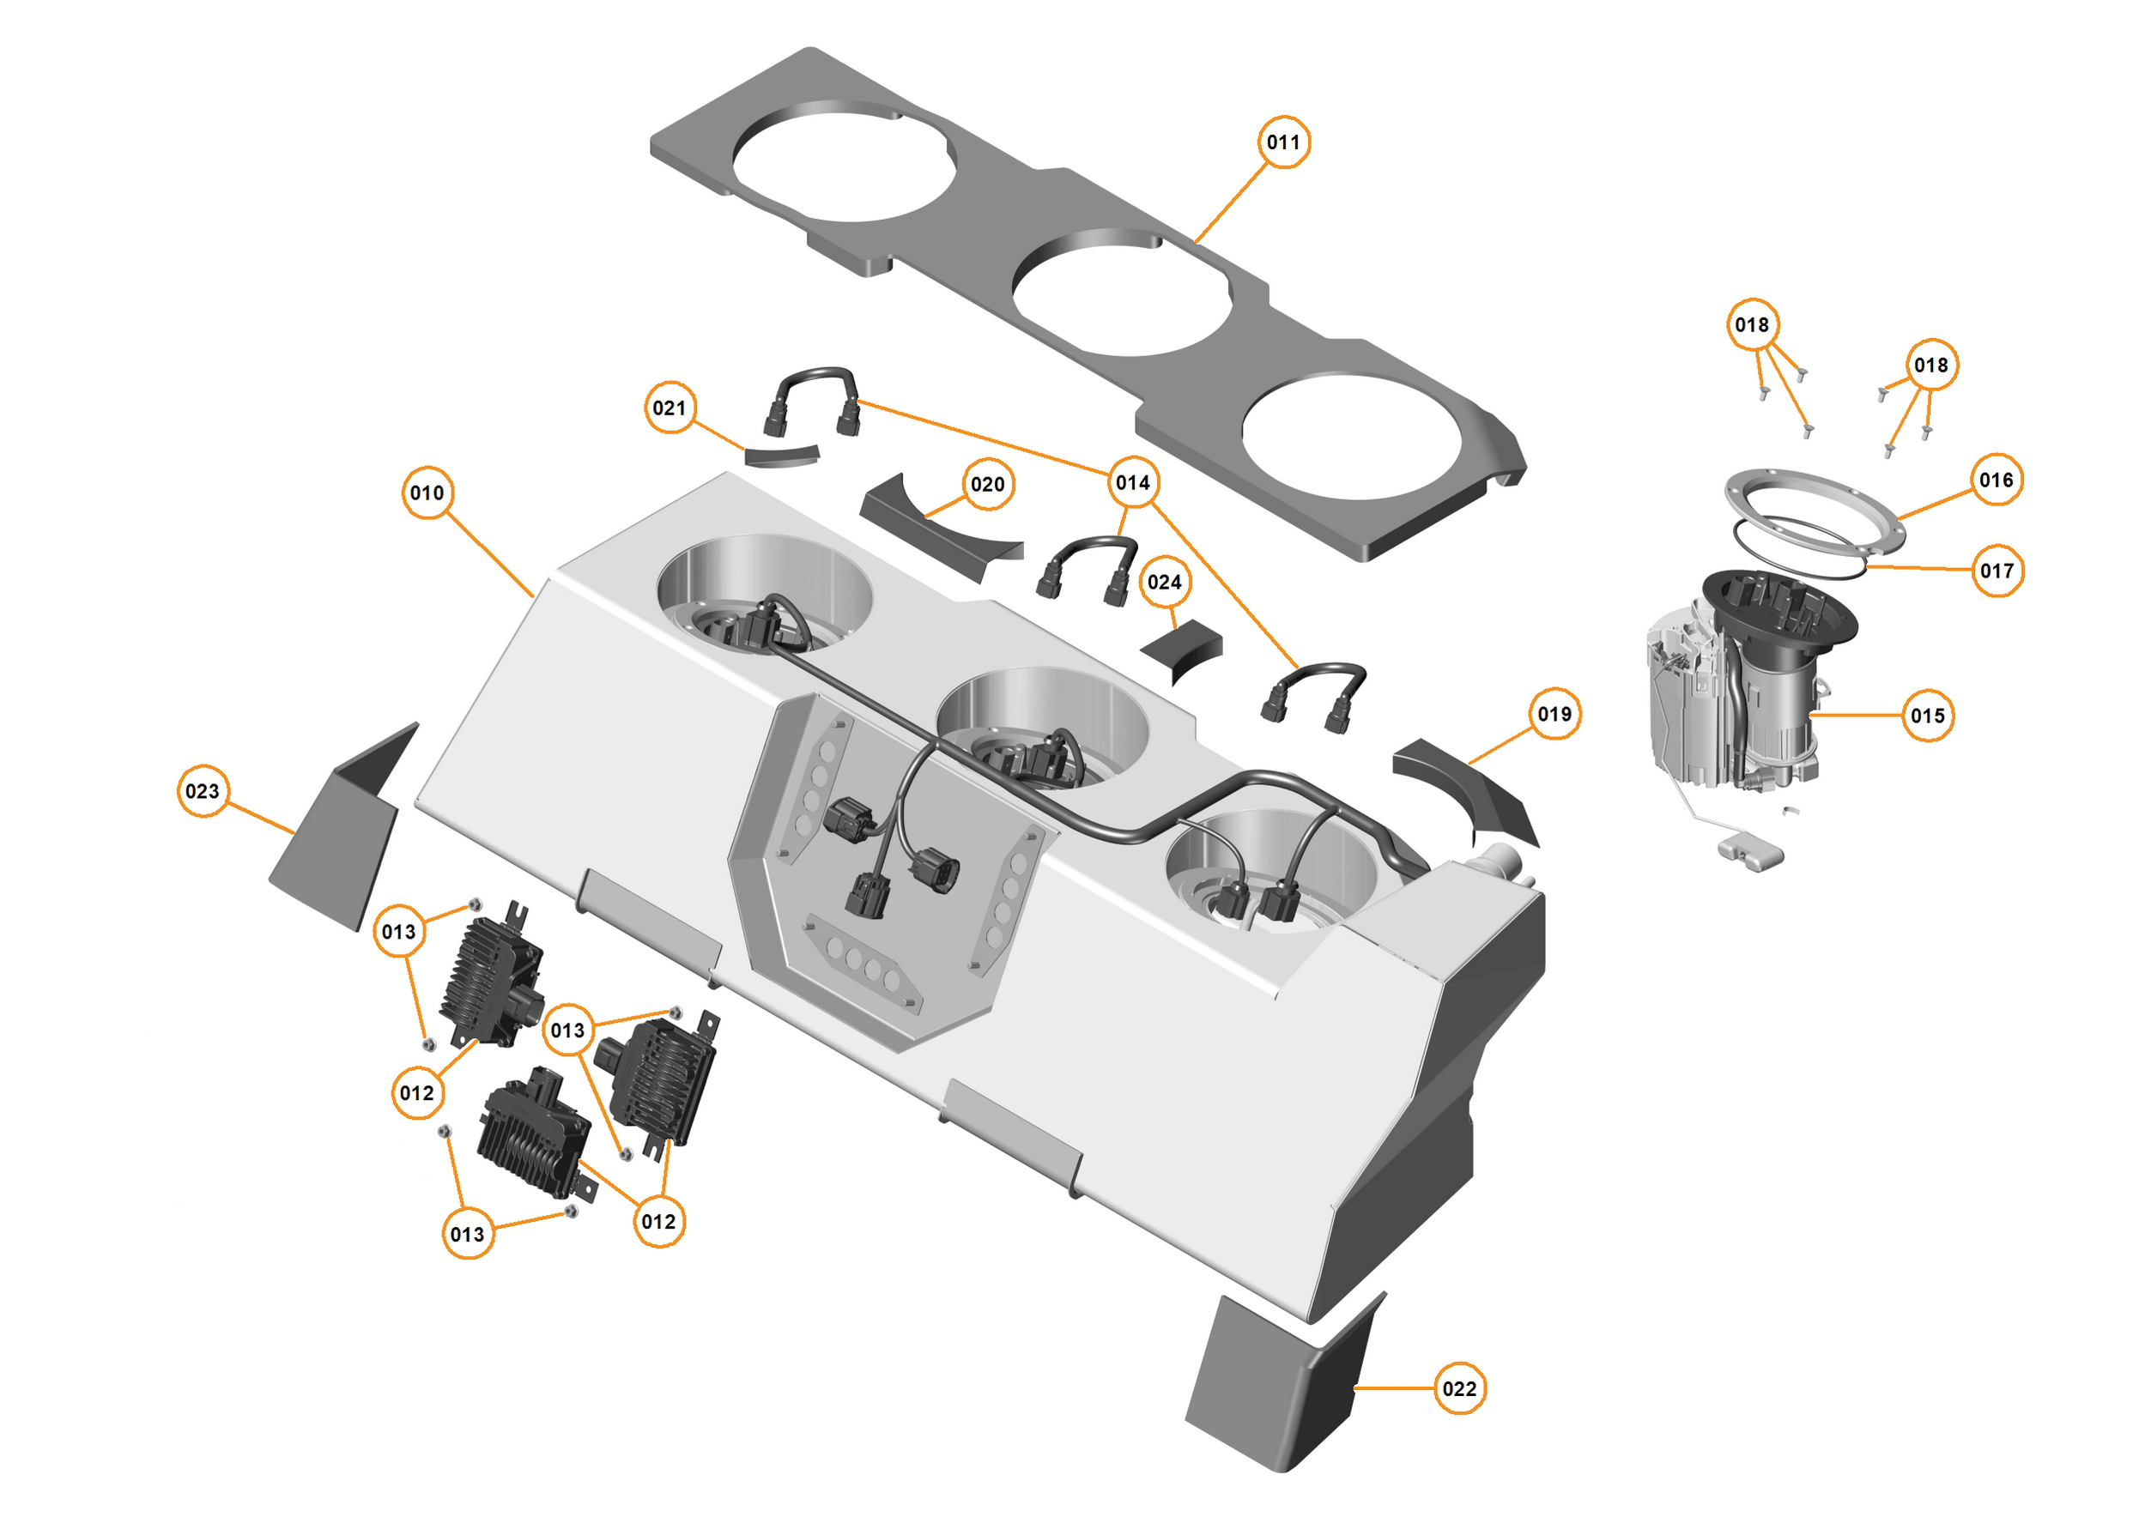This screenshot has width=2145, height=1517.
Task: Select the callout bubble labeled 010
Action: [427, 493]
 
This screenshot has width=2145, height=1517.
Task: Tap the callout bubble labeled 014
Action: [1132, 482]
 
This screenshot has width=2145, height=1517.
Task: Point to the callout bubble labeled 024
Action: [1164, 582]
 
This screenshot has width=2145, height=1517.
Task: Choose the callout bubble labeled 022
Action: [1459, 1388]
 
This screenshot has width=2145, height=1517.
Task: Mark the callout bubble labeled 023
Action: [203, 791]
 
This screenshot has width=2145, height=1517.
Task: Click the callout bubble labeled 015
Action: [1927, 716]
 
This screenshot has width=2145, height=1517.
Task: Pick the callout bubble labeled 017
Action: [1997, 570]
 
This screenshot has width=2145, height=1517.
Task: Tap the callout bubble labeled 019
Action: [1554, 714]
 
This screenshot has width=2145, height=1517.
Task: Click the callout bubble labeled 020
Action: [987, 484]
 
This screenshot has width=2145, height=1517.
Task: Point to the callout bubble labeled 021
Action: [669, 408]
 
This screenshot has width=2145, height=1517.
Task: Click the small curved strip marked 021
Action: [781, 456]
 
